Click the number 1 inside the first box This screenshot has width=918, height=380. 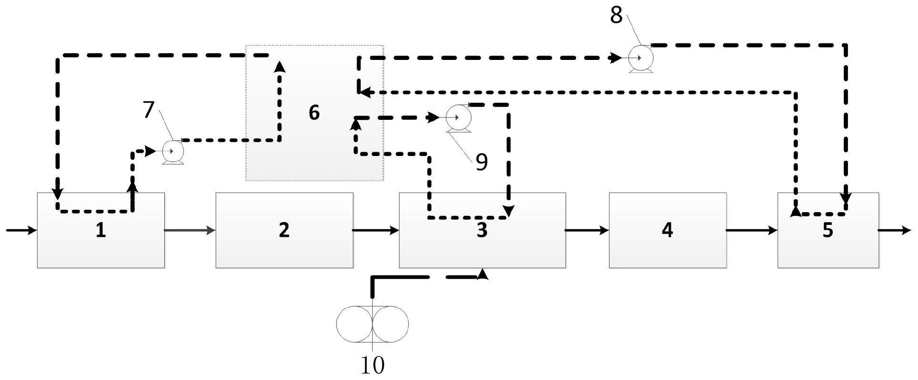(100, 231)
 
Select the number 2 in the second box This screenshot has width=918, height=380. (284, 231)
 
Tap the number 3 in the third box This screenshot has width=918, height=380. (482, 231)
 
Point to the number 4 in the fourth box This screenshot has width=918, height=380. (667, 231)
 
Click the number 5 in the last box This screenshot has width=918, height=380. (828, 231)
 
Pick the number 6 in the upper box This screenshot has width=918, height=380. (314, 113)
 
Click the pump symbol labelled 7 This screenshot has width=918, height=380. (173, 152)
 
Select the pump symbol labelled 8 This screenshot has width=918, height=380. (640, 58)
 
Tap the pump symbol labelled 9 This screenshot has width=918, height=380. (459, 117)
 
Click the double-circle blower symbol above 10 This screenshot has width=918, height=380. (372, 324)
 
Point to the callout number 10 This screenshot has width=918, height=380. (372, 366)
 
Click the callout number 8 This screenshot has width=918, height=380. (616, 16)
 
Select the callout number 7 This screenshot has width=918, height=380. (149, 110)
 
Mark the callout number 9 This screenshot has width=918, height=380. (481, 163)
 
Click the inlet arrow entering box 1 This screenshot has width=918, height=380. (21, 231)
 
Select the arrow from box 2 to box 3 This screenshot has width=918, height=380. (376, 231)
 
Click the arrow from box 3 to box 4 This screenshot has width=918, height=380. (587, 231)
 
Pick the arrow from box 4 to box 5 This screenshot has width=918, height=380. (752, 231)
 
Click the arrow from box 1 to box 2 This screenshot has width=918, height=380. (190, 231)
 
